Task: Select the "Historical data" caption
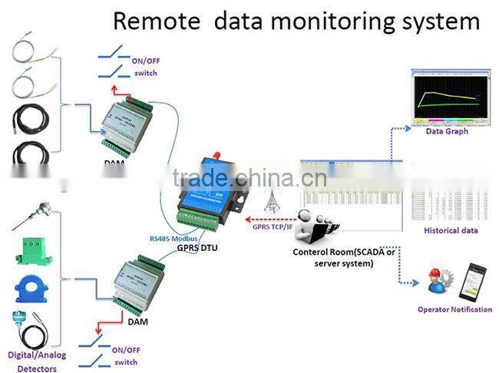[x=451, y=230]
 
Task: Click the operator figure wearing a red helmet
[x=438, y=282]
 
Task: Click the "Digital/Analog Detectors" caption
[x=37, y=361]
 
